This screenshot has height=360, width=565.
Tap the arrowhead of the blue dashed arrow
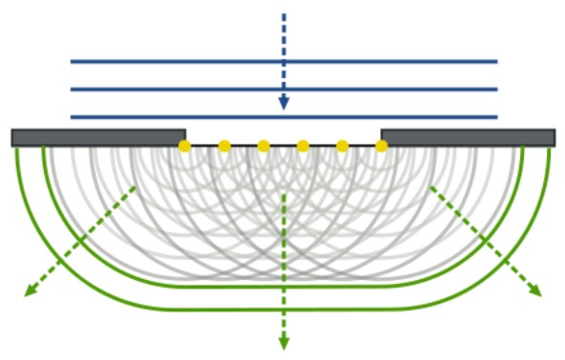283,102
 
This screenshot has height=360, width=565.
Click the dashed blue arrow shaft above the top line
283,33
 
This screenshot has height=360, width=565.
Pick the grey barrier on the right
467,137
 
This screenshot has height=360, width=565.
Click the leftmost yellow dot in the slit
185,146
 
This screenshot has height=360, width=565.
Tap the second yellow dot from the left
224,146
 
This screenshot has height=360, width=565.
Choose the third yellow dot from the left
264,146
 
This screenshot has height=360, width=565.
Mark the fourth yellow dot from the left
303,146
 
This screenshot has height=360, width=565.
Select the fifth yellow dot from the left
342,146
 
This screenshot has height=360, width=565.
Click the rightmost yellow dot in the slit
381,146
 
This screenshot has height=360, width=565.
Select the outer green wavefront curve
283,310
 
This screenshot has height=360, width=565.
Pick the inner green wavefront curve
283,286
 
